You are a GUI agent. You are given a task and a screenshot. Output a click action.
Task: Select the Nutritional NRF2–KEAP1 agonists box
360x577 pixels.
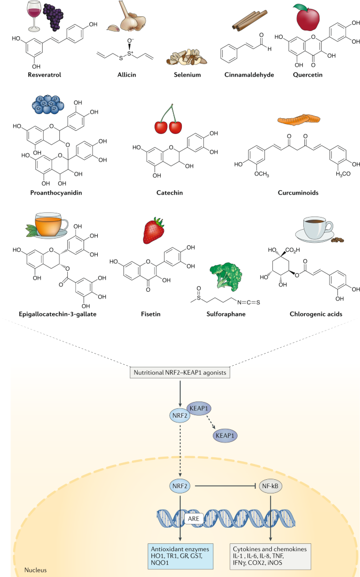coord(180,372)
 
